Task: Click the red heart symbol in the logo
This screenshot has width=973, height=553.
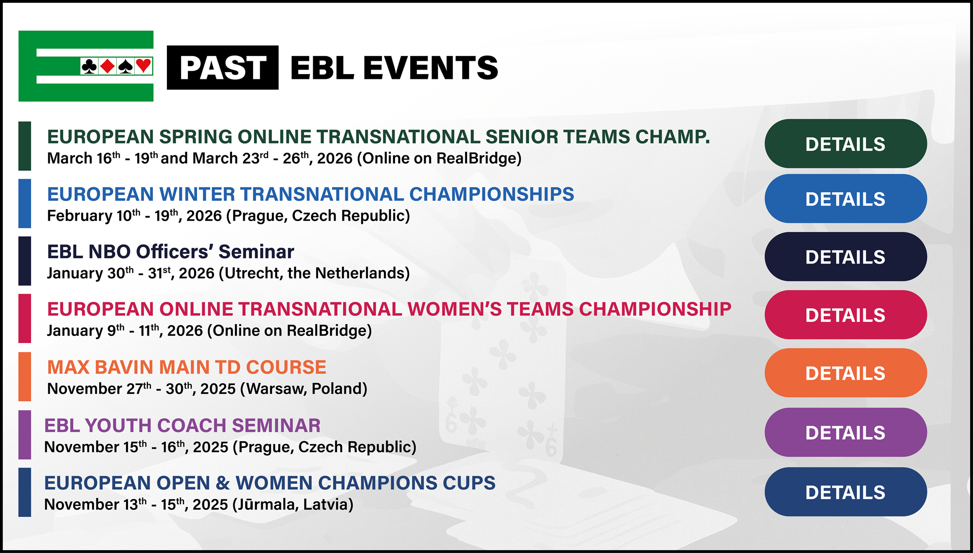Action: pos(144,66)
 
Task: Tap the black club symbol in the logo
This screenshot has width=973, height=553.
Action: pos(89,66)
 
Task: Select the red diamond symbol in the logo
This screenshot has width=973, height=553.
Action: pos(107,66)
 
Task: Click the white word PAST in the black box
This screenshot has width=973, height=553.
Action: pos(223,68)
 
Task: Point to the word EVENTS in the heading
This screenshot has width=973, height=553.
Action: pos(431,68)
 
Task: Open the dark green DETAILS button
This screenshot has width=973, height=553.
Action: pos(846,144)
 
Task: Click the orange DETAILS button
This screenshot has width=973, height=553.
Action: pos(846,373)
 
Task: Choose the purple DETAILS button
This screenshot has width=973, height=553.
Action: pos(846,432)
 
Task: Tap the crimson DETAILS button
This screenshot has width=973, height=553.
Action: pos(846,315)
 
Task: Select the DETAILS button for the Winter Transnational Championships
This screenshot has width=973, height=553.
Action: pos(846,199)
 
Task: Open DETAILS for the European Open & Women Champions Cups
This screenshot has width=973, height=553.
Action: pos(846,492)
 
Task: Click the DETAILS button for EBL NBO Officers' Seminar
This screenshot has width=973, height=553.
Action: pos(846,257)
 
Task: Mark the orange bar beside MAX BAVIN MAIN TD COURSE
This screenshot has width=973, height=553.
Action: pos(24,376)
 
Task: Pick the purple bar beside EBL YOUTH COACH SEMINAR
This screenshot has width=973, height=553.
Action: pos(24,435)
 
